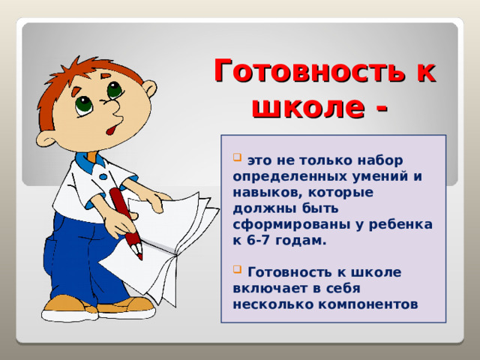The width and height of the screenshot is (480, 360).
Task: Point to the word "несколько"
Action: click(268, 304)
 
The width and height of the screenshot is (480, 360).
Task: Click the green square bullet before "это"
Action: click(237, 158)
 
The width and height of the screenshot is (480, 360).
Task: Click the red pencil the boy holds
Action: click(126, 221)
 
